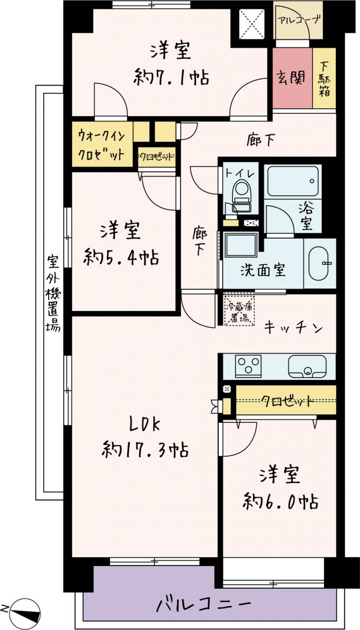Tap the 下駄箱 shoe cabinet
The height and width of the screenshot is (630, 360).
(324, 78)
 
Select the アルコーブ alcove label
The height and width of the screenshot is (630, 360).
(299, 20)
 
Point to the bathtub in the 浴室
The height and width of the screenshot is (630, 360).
(293, 181)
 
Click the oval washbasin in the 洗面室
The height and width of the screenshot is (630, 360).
(320, 263)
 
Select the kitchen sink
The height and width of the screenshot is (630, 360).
(307, 367)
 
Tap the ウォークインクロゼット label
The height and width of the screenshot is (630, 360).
(101, 145)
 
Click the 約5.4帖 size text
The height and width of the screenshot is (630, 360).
(121, 257)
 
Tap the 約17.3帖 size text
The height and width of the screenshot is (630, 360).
(145, 449)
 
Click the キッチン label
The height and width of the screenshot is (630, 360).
(293, 328)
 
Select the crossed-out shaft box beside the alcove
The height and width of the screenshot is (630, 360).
(252, 24)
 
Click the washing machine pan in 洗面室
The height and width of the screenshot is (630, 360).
(241, 245)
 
